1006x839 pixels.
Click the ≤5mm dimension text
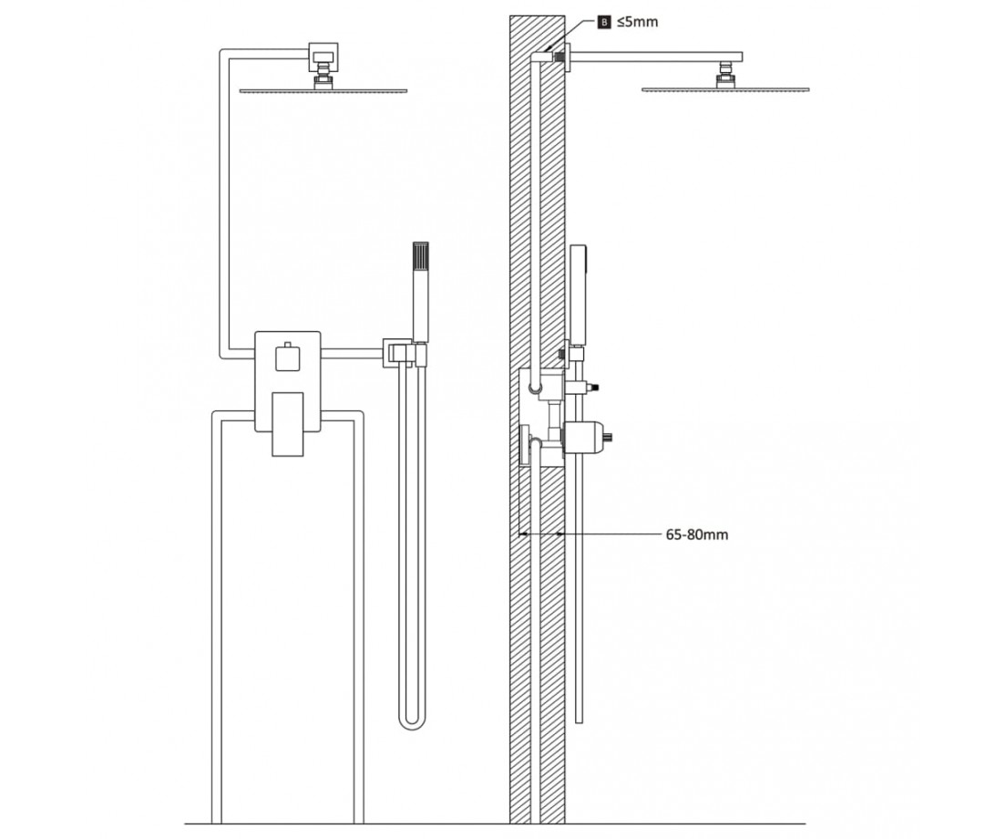pos(637,22)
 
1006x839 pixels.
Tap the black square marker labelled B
pos(604,23)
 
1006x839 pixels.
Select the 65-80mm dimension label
pos(697,534)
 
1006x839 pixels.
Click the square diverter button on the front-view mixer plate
pos(287,357)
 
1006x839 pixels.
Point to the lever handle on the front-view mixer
pos(287,424)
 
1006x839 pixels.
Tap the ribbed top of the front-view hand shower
pos(421,257)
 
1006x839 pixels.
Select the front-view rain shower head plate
pos(323,90)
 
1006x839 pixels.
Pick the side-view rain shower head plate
pos(725,89)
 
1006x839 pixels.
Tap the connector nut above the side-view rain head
pos(725,74)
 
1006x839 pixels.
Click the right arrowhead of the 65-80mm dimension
pos(560,533)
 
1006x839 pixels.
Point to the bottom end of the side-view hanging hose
pos(579,720)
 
